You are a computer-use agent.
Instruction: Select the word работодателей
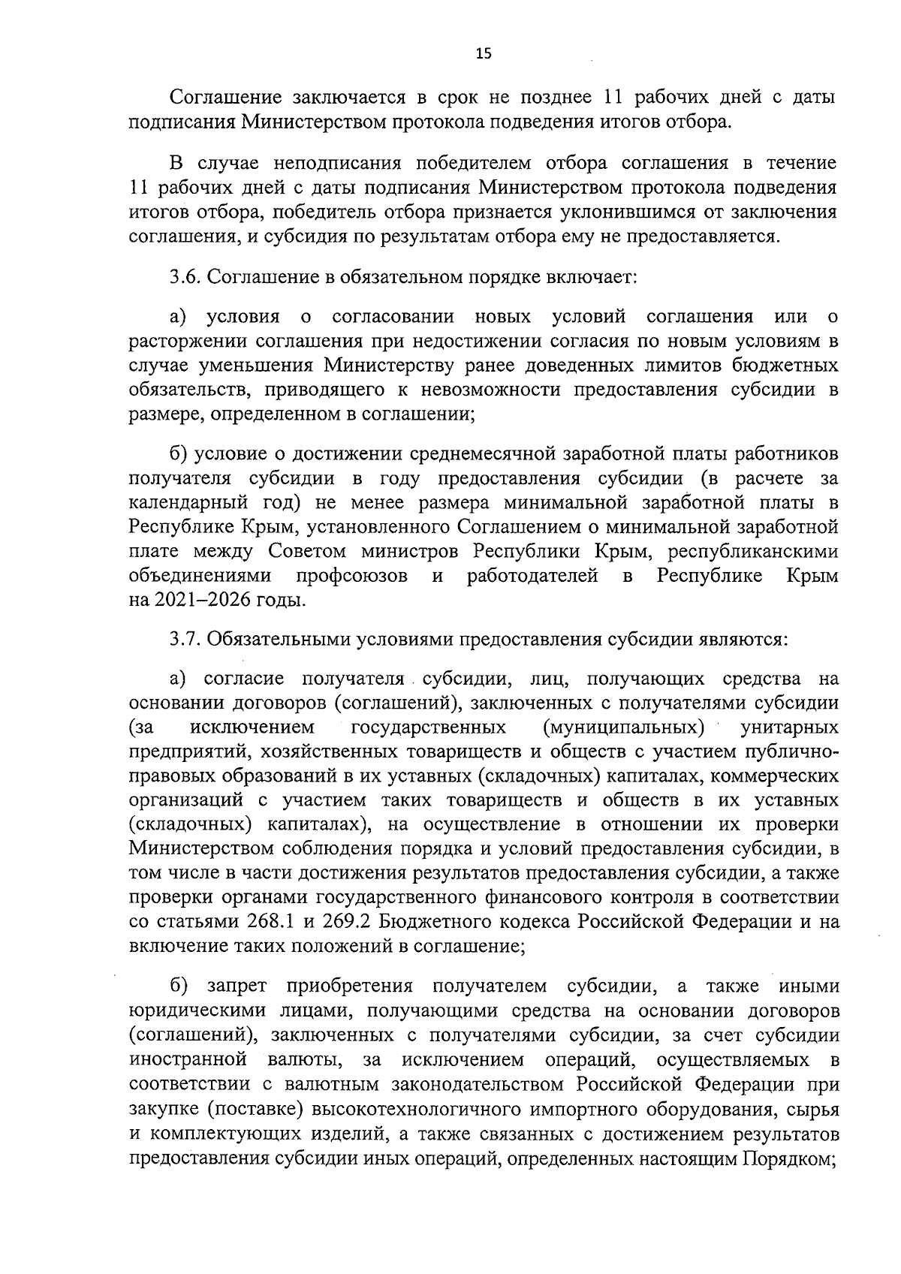tap(532, 576)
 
